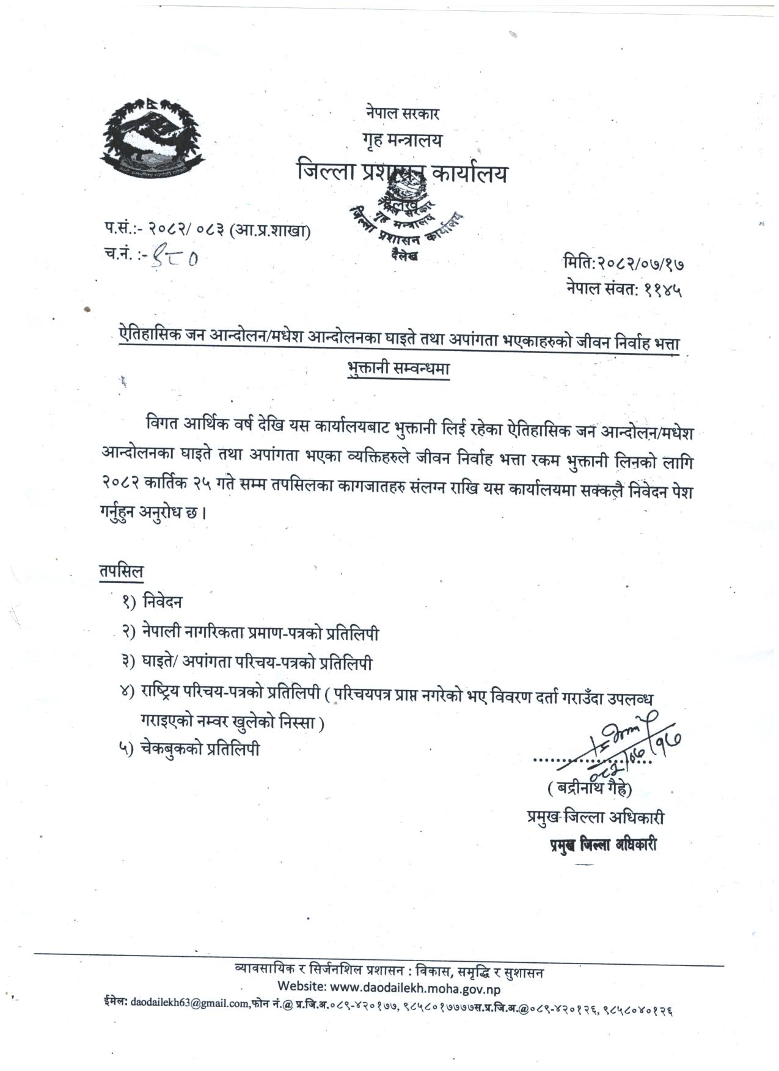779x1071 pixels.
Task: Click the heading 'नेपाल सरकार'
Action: [x=403, y=113]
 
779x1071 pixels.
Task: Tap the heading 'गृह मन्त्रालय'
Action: [x=402, y=141]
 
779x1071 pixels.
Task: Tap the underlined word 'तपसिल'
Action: [x=122, y=572]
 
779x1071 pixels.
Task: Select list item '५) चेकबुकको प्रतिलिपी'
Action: [x=190, y=749]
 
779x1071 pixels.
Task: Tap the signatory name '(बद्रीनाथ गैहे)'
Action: [x=590, y=788]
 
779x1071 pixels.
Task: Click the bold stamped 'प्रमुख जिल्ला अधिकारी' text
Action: [x=602, y=846]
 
